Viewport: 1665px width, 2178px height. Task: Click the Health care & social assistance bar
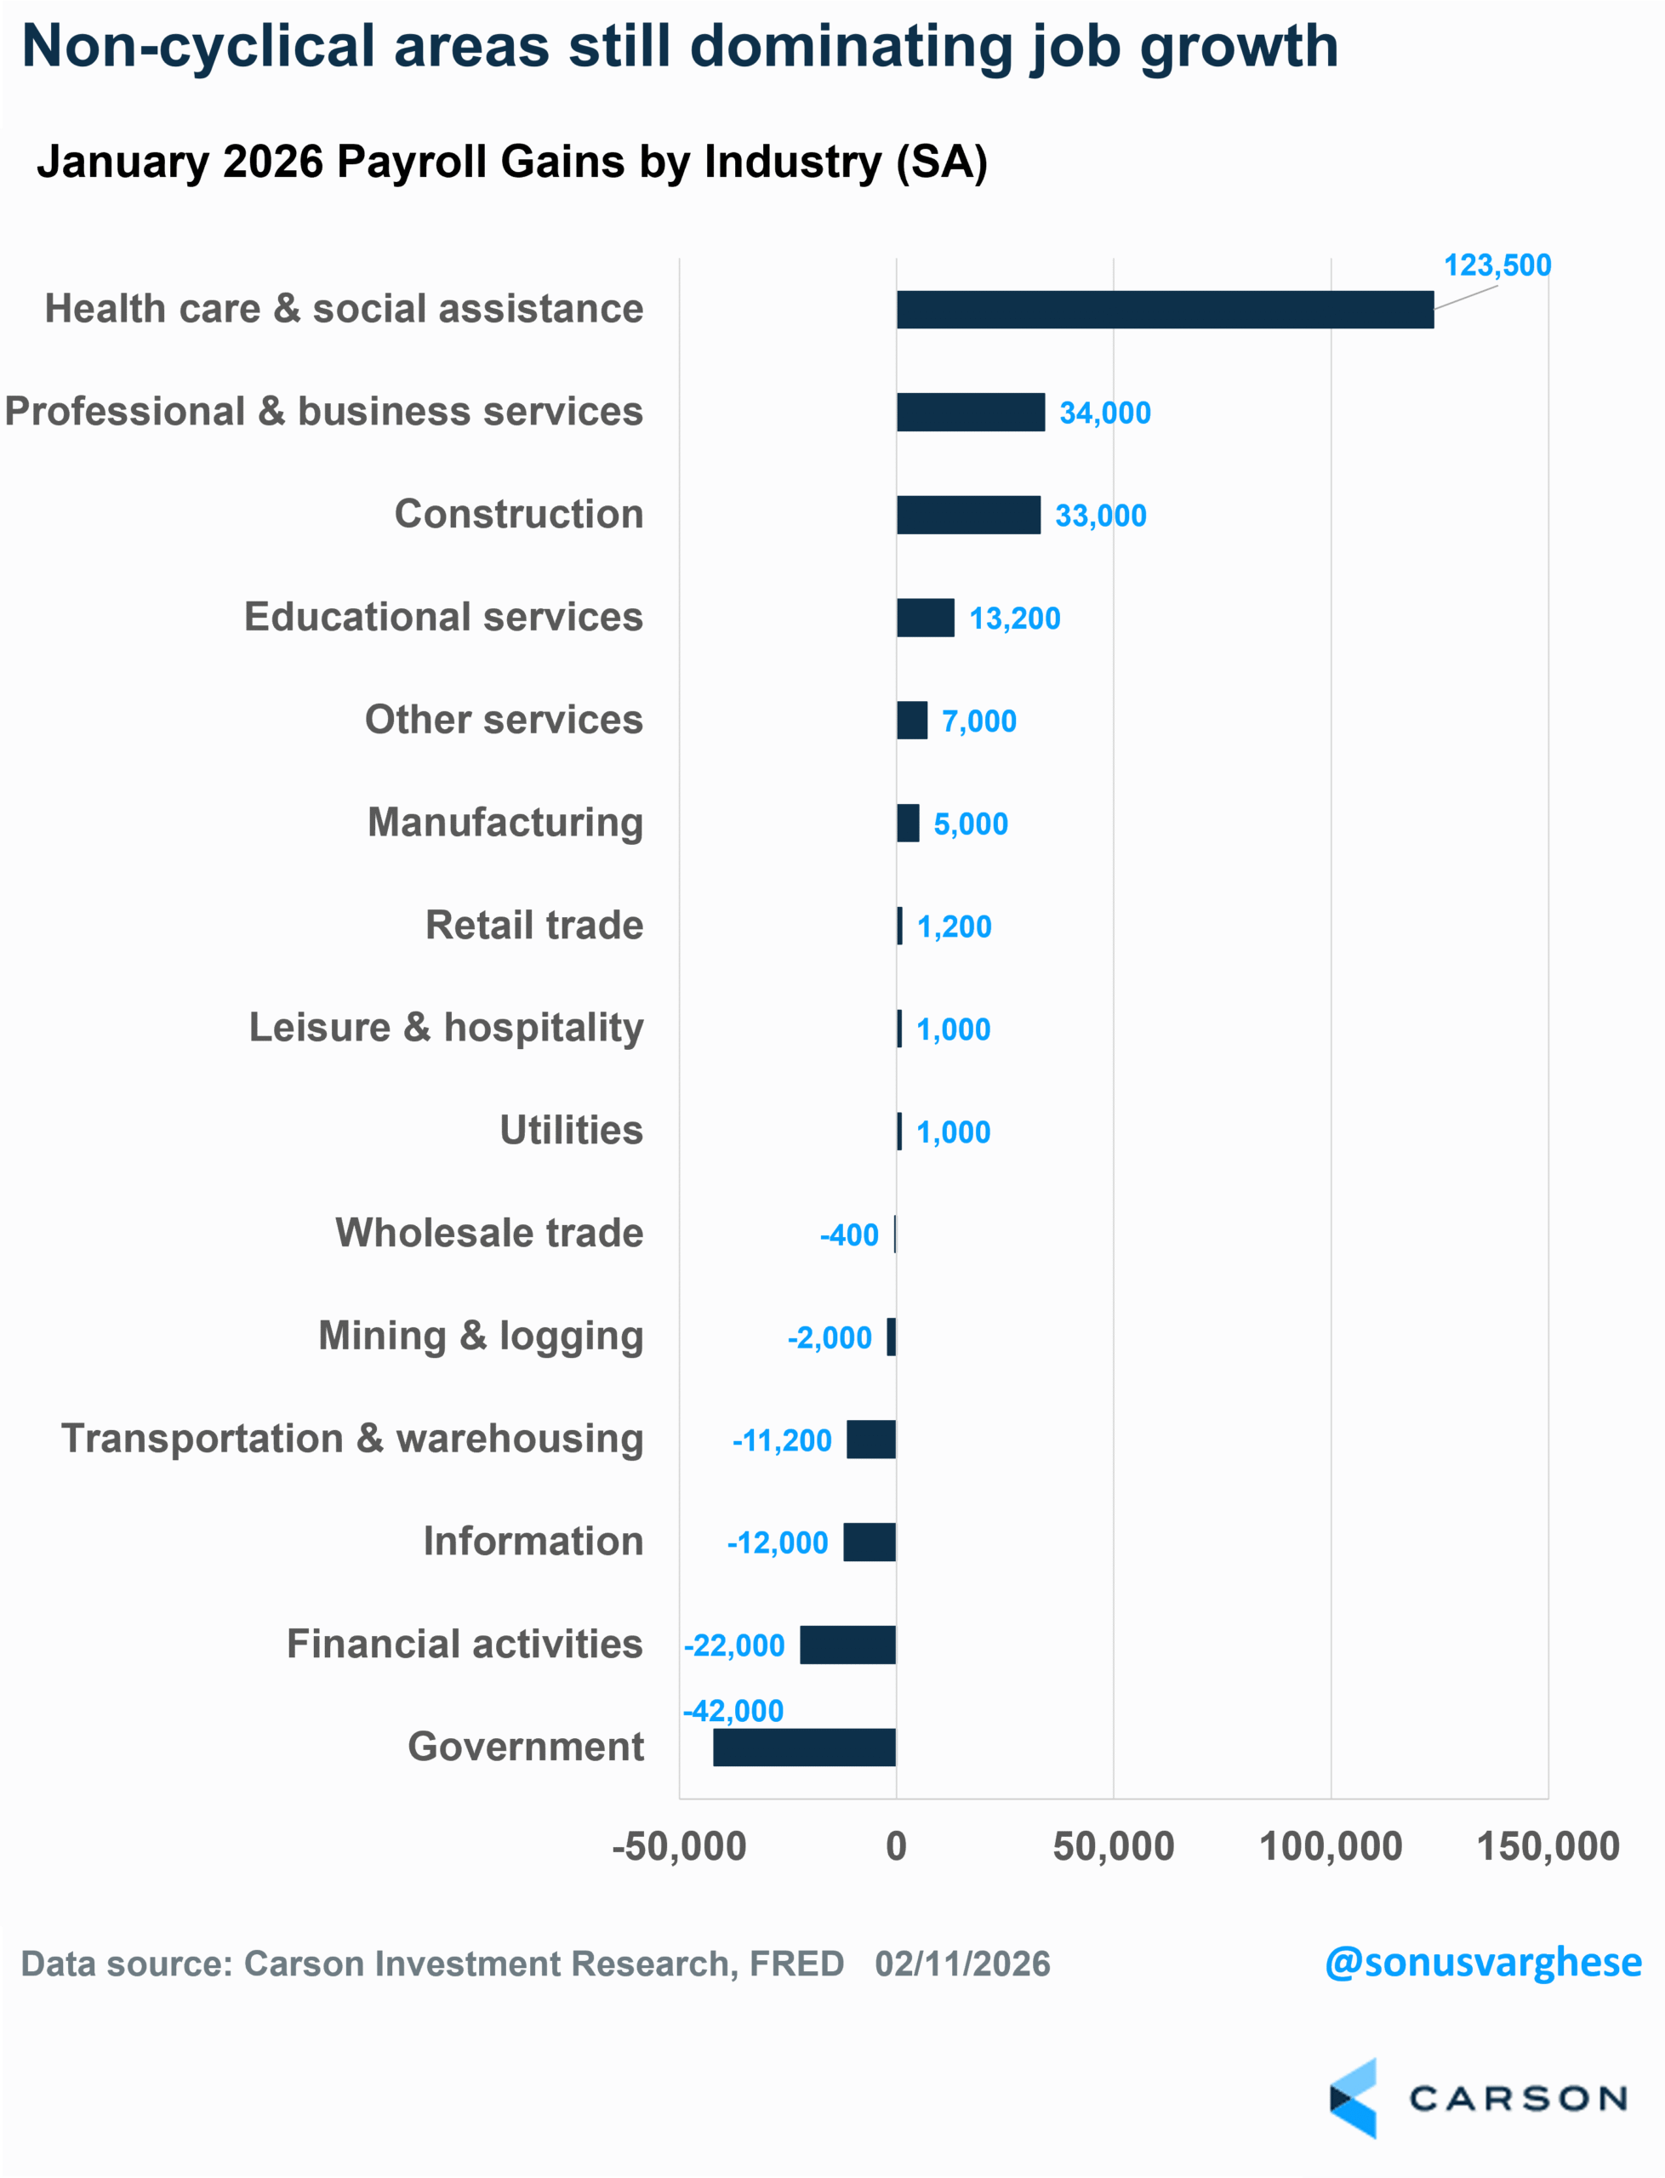click(x=1165, y=309)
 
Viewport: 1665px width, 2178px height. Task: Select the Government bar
click(x=804, y=1747)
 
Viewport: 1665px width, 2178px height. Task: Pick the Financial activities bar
click(x=847, y=1645)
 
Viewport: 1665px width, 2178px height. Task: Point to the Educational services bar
click(x=926, y=619)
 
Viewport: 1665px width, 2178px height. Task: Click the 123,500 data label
click(x=1497, y=265)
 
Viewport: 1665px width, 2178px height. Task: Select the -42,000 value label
click(x=733, y=1711)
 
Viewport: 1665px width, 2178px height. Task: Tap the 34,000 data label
click(x=1105, y=413)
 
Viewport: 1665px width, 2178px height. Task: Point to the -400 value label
click(x=849, y=1235)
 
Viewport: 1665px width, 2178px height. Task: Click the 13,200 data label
click(x=1015, y=619)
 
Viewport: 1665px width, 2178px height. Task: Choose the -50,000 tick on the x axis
click(x=679, y=1847)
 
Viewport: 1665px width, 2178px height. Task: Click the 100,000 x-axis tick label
click(x=1330, y=1847)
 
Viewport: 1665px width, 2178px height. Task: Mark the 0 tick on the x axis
click(x=896, y=1847)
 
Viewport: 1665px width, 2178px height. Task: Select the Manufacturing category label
click(x=505, y=823)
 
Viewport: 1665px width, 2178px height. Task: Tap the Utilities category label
click(x=571, y=1131)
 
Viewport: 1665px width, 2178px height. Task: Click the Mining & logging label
click(x=481, y=1336)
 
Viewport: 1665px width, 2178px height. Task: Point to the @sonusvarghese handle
click(x=1483, y=1963)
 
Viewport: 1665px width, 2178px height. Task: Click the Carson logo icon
click(x=1354, y=2098)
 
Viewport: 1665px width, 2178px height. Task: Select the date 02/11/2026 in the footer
click(x=962, y=1964)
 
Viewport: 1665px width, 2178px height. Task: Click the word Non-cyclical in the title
click(x=198, y=47)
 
